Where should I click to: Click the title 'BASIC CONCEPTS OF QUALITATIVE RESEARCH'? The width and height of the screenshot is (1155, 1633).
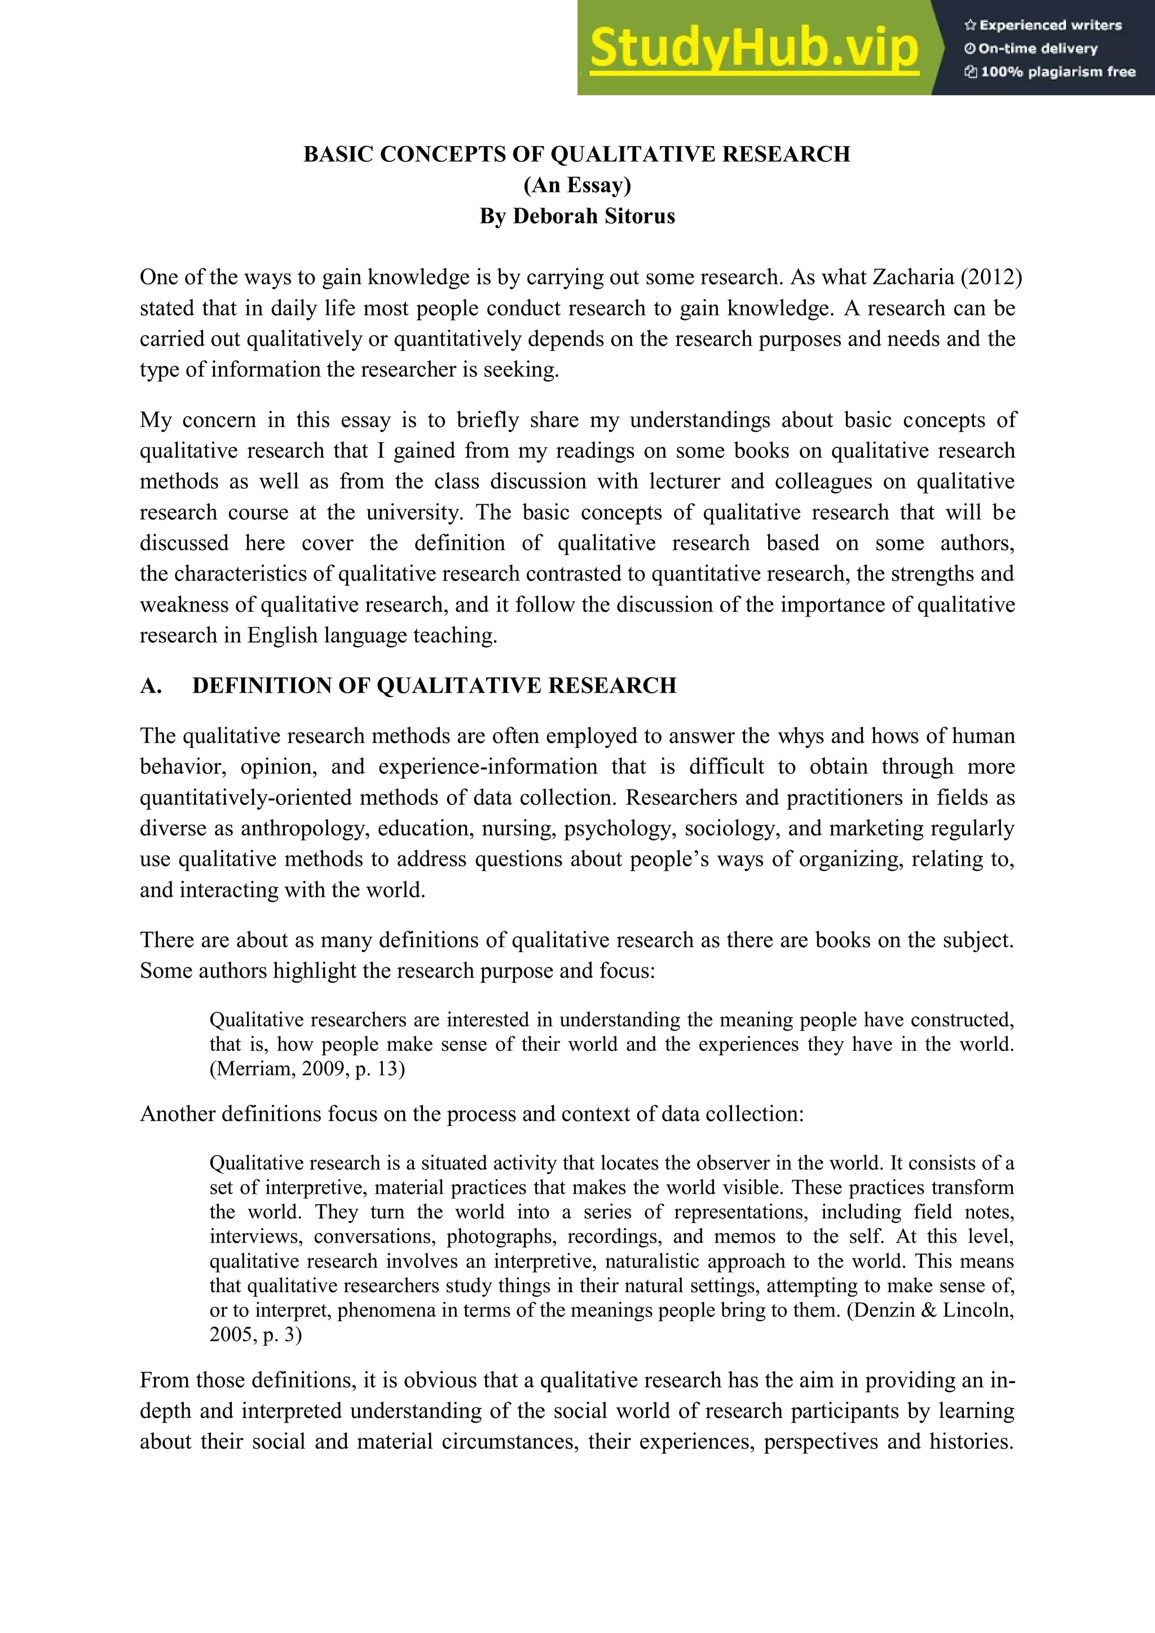pyautogui.click(x=577, y=155)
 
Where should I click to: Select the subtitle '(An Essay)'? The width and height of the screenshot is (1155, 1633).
pyautogui.click(x=577, y=185)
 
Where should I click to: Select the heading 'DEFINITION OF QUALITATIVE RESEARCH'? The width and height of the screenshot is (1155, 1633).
pyautogui.click(x=434, y=685)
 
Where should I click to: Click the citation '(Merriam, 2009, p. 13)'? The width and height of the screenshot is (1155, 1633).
pyautogui.click(x=307, y=1068)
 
